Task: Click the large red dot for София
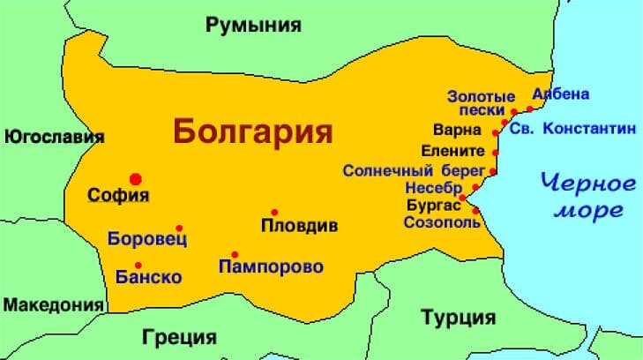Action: point(136,178)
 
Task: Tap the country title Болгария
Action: point(253,131)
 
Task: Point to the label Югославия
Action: point(54,137)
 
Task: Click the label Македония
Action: point(53,305)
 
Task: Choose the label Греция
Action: point(179,336)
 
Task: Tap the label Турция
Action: point(458,318)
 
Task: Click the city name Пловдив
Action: point(300,226)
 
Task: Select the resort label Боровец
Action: point(147,238)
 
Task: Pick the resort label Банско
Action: point(149,277)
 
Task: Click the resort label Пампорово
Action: point(272,266)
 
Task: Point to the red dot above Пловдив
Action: point(274,212)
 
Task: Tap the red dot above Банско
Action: point(138,265)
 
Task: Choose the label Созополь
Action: point(443,222)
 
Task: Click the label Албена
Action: point(561,94)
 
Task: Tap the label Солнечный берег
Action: point(414,169)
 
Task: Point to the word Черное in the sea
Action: point(587,184)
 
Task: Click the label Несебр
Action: point(433,188)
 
